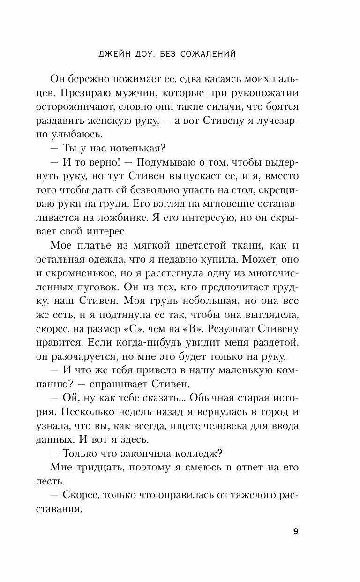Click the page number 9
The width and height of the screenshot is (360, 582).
(295, 531)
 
